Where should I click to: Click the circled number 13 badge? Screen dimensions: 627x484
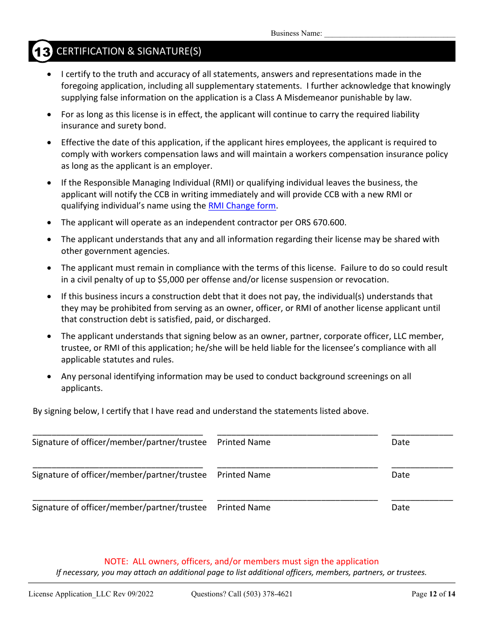coord(42,51)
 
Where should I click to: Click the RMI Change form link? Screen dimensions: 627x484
coord(242,206)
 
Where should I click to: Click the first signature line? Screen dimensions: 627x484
coord(118,433)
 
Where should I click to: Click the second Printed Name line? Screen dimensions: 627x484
coord(297,465)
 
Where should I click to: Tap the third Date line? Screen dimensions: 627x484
coord(422,498)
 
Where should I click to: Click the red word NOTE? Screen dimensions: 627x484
coord(116,561)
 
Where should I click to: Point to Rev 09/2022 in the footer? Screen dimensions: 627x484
coord(135,594)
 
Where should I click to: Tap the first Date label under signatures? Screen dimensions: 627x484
coord(400,442)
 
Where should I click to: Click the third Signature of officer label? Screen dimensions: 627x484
coord(119,508)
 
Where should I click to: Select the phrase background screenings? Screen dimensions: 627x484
coord(353,377)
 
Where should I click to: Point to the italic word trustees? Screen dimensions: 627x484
coord(410,572)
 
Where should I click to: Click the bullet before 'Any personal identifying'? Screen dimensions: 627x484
coord(49,377)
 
